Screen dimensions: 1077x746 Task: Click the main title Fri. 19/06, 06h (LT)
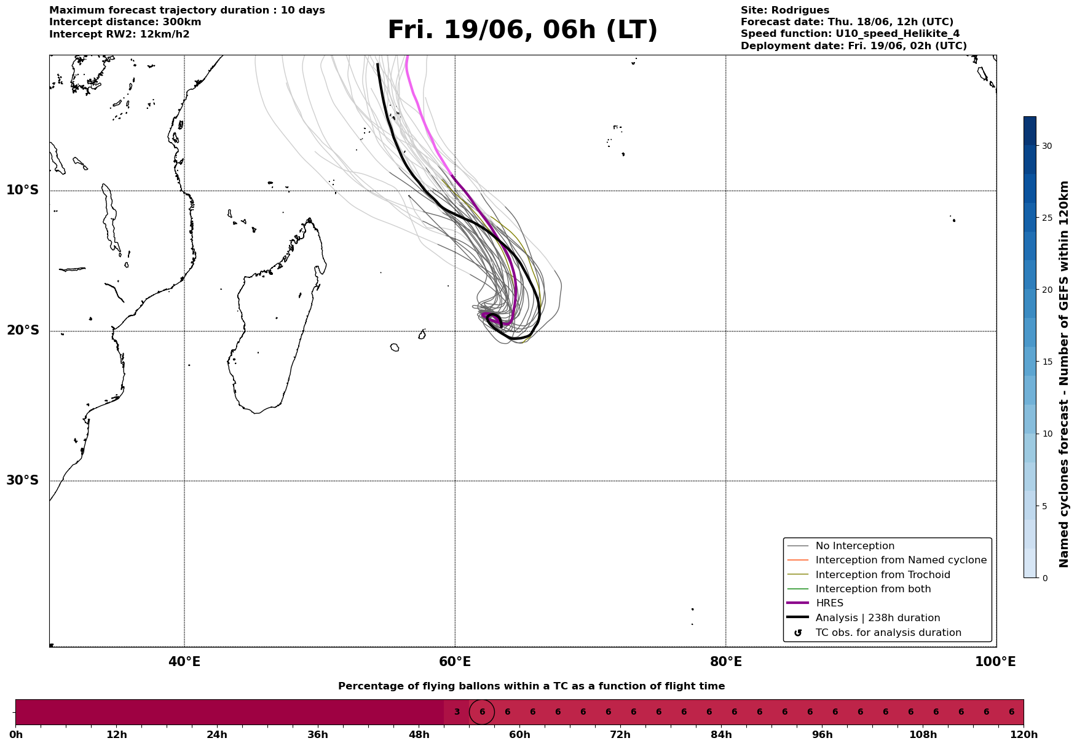[523, 30]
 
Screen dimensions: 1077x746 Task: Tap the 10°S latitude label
[23, 190]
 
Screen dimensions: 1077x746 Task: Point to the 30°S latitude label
[23, 480]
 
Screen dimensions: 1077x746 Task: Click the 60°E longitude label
[455, 662]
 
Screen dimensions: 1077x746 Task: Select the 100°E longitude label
[995, 662]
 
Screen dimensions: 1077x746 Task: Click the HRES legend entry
[829, 603]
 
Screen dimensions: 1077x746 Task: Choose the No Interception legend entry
[855, 546]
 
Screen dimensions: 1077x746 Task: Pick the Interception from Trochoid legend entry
[883, 575]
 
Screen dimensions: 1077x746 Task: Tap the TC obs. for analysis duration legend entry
[888, 633]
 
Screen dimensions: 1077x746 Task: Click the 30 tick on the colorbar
[1047, 146]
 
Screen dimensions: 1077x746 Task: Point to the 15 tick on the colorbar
[1047, 362]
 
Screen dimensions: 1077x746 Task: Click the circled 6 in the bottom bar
[482, 712]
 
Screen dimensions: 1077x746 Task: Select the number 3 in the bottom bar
[457, 712]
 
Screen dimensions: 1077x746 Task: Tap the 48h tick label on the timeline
[419, 734]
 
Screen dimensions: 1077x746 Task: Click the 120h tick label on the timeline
[1024, 734]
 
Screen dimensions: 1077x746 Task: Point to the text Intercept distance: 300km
[125, 22]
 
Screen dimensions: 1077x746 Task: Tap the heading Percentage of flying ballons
[531, 686]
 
